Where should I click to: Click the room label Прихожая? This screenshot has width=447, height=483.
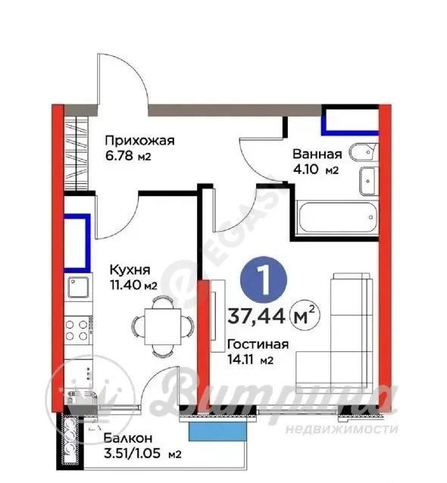(139, 141)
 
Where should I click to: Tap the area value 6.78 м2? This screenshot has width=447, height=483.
(128, 156)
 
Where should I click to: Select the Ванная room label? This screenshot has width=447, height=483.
(317, 154)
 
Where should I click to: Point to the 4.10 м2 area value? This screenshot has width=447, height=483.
(316, 170)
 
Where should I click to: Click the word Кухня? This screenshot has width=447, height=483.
(130, 270)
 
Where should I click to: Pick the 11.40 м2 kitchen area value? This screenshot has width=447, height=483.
(134, 285)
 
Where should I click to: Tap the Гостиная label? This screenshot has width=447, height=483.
(258, 344)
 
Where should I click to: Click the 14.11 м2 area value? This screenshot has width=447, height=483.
(250, 360)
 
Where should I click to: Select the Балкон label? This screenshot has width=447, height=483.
(128, 438)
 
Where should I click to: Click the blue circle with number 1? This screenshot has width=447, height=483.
(264, 279)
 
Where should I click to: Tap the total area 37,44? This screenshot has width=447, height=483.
(256, 316)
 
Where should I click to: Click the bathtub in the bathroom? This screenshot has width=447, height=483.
(336, 217)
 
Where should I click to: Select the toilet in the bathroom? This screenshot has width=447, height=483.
(363, 152)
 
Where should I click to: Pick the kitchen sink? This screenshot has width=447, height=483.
(78, 287)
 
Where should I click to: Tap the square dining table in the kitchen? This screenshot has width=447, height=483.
(163, 326)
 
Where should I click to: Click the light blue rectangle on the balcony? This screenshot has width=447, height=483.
(217, 432)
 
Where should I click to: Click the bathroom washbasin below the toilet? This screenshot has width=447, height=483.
(367, 181)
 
